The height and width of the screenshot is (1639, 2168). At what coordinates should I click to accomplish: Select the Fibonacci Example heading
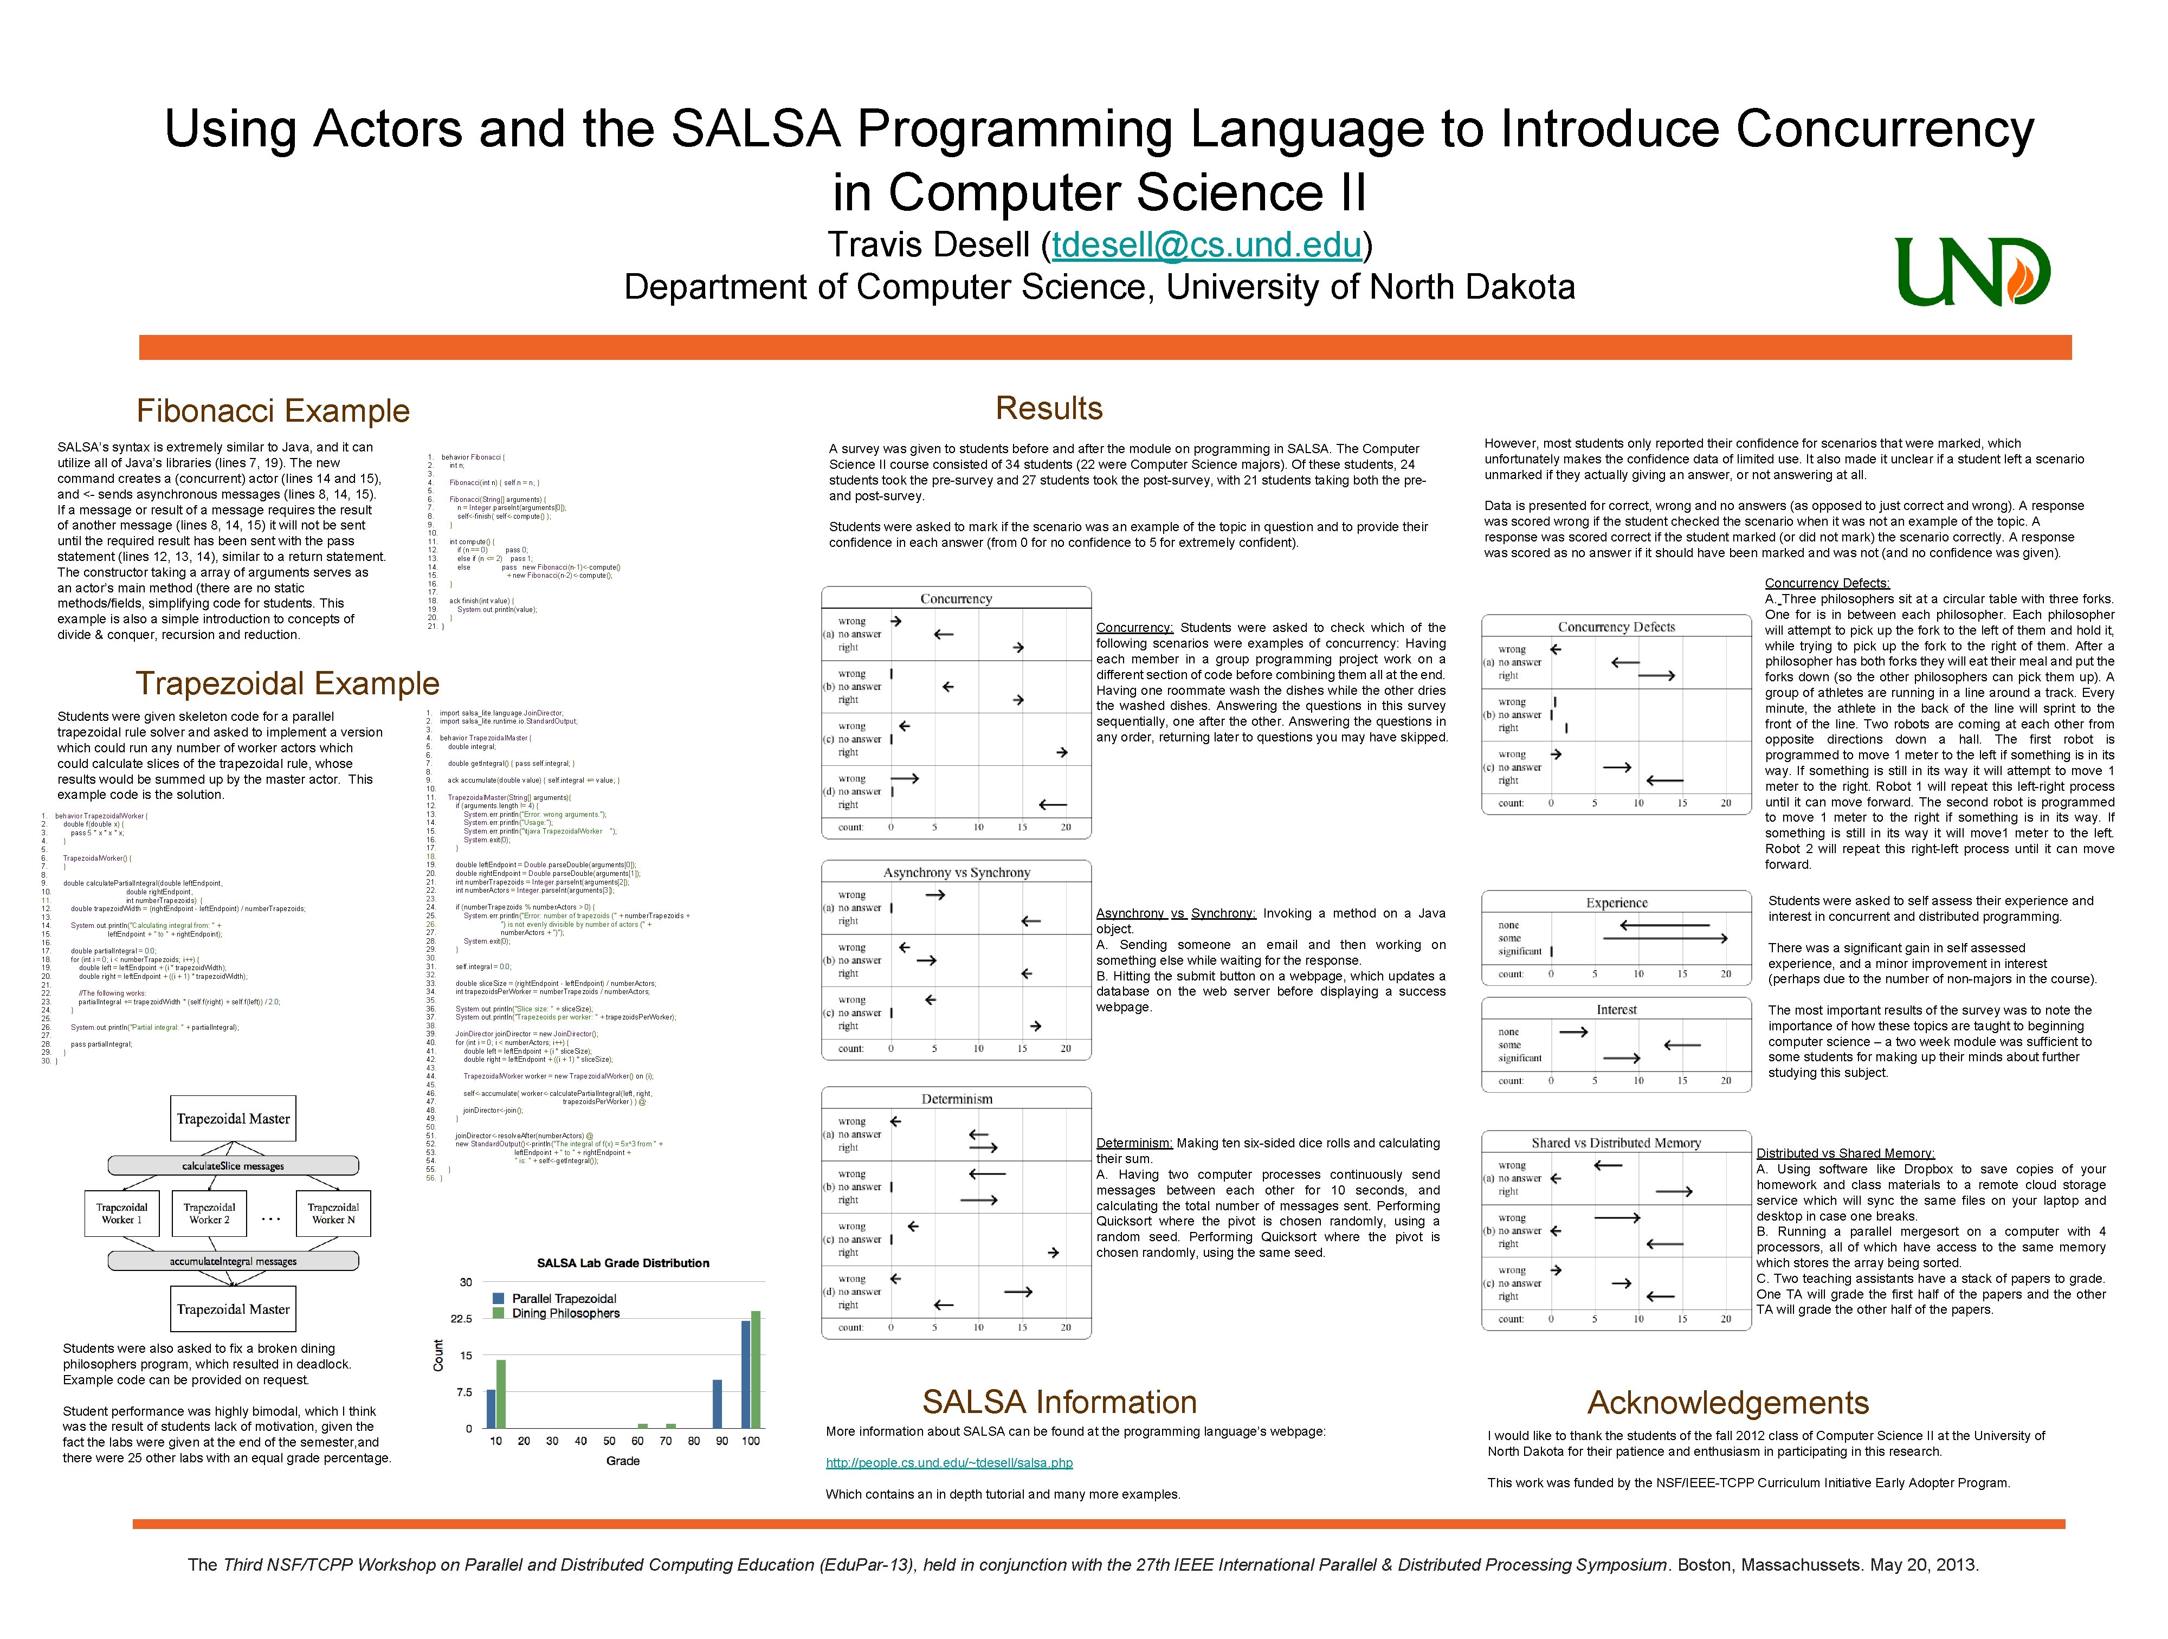click(x=273, y=411)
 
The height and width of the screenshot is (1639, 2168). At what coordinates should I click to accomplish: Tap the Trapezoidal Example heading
click(x=287, y=683)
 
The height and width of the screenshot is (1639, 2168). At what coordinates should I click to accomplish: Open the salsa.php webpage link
click(x=949, y=1462)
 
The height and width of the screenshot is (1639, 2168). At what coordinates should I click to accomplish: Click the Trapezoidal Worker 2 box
click(x=209, y=1214)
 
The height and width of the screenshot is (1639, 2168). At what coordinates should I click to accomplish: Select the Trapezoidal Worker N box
click(x=333, y=1214)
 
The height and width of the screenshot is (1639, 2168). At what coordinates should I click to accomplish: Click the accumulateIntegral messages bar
click(x=233, y=1262)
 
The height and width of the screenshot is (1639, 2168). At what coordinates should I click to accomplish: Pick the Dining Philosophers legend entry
click(x=565, y=1314)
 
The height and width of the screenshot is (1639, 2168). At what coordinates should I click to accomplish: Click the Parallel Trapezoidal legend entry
click(x=564, y=1299)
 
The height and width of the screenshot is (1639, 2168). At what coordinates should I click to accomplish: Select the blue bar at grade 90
click(x=718, y=1404)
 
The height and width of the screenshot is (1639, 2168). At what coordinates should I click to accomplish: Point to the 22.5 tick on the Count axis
click(x=461, y=1319)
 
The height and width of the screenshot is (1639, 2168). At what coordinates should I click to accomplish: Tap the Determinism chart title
click(x=957, y=1099)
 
